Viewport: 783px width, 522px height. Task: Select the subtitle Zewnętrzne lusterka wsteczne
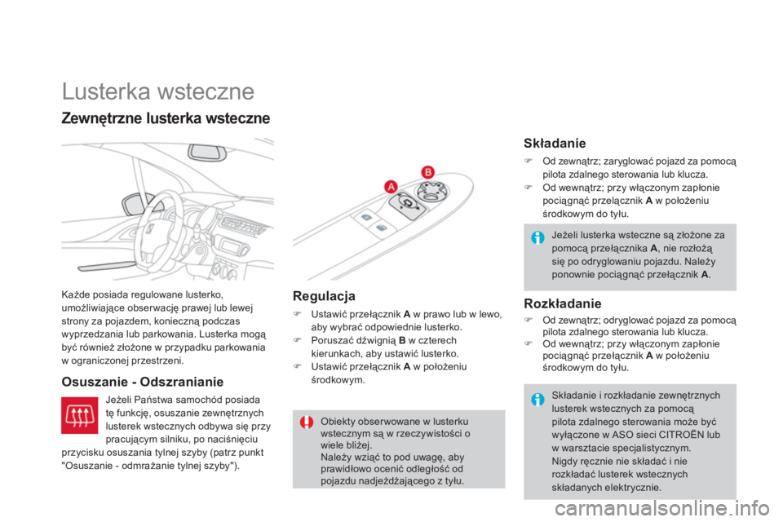166,118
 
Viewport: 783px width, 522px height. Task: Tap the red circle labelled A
390,187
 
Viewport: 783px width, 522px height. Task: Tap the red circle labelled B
427,170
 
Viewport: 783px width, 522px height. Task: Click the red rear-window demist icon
81,417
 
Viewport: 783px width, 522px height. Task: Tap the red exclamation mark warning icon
306,422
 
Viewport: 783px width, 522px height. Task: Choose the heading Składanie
554,144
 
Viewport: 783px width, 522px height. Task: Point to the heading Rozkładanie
563,303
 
